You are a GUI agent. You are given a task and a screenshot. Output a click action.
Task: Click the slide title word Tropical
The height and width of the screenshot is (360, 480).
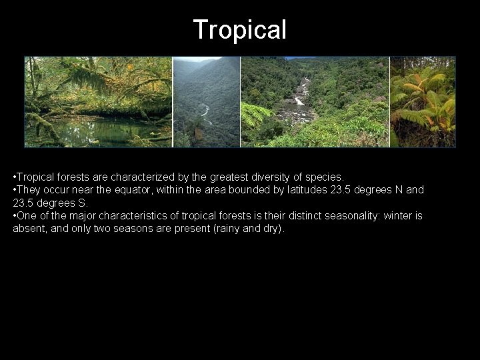pos(239,29)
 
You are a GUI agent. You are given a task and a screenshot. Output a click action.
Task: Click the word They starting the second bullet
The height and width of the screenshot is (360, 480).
pos(28,190)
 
